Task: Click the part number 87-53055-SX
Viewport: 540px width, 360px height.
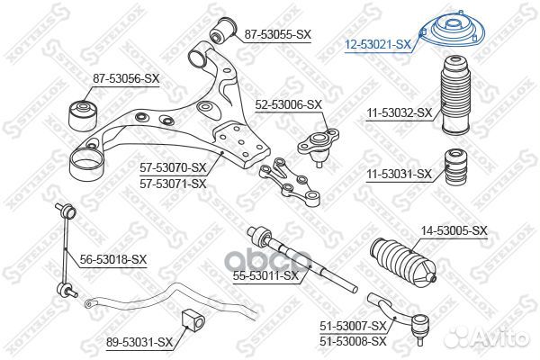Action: pos(277,34)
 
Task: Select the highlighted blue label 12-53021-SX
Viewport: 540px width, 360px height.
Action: pos(378,44)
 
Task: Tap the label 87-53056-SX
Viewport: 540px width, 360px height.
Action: pos(126,78)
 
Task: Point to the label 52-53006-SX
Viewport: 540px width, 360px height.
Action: pos(288,104)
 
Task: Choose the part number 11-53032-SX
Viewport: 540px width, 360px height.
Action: pos(399,112)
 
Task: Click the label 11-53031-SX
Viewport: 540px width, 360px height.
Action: pos(399,174)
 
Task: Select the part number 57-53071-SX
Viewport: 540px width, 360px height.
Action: pos(173,184)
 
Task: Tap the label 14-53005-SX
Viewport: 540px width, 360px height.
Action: pos(454,230)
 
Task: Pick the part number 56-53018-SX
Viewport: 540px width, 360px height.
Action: pos(113,259)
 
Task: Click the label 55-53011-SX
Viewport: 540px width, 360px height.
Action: pos(265,275)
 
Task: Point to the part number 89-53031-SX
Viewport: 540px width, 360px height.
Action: pos(139,342)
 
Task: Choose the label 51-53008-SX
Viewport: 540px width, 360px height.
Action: pos(354,341)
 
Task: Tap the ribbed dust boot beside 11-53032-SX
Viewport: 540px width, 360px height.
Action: pos(456,95)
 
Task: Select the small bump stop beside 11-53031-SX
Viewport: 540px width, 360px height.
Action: pos(455,166)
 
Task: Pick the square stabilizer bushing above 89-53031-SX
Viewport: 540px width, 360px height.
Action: pos(193,320)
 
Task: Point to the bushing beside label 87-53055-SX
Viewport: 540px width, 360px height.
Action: pos(223,30)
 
